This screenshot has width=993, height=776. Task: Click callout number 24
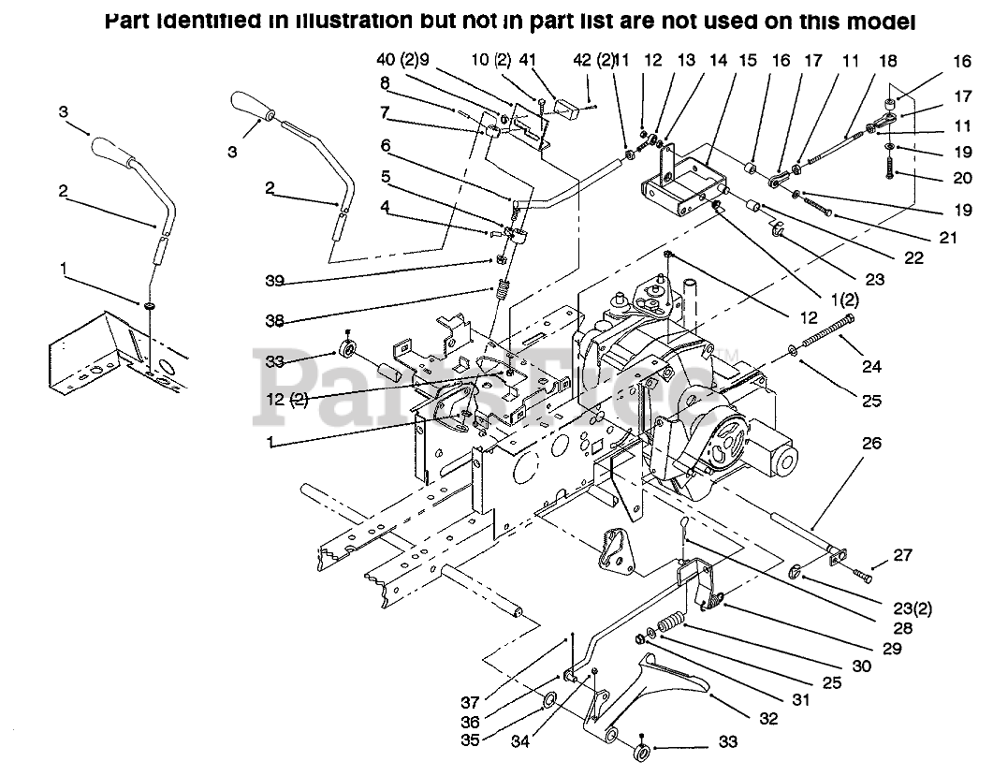871,366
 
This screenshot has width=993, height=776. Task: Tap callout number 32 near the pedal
768,719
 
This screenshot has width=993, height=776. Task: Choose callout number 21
948,238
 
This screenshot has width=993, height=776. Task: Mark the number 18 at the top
887,61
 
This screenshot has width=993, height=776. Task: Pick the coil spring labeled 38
502,292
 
